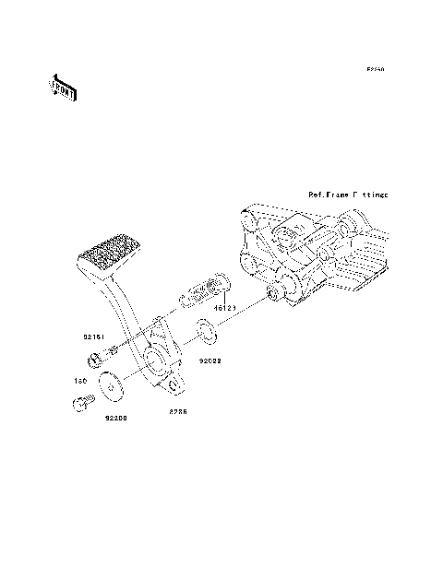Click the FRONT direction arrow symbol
pyautogui.click(x=62, y=89)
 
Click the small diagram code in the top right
pyautogui.click(x=374, y=69)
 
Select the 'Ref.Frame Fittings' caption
pyautogui.click(x=348, y=195)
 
